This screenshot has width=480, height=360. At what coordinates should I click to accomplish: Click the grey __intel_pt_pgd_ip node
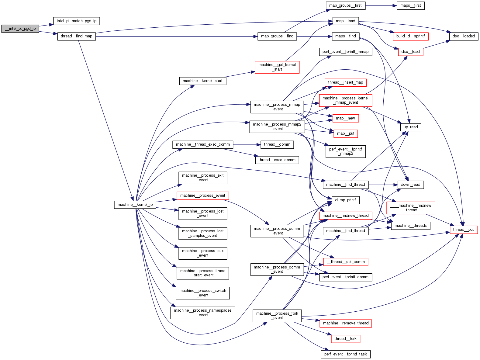[x=20, y=29]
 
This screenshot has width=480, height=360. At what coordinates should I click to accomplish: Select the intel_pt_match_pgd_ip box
[x=76, y=21]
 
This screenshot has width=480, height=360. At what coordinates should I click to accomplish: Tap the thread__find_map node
[x=76, y=36]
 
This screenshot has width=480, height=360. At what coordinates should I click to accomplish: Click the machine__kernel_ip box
[x=135, y=205]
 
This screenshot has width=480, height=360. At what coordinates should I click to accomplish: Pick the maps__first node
[x=410, y=5]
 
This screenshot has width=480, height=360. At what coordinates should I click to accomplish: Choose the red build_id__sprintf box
[x=410, y=36]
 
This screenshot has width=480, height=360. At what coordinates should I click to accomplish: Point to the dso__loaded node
[x=464, y=36]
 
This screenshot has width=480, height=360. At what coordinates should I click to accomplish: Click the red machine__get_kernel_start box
[x=277, y=67]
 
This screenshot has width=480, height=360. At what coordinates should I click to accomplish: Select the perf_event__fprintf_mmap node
[x=345, y=52]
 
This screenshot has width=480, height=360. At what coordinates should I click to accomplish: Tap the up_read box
[x=410, y=127]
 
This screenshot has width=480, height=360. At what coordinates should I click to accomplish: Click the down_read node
[x=410, y=185]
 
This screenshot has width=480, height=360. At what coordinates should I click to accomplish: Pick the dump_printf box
[x=345, y=200]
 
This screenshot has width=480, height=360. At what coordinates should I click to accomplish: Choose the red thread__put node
[x=464, y=230]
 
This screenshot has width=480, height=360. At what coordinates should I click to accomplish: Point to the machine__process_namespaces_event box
[x=202, y=313]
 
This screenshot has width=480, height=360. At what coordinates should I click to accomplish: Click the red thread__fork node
[x=345, y=339]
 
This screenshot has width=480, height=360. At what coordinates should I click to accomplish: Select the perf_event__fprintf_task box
[x=345, y=354]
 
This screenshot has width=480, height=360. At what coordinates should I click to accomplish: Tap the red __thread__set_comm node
[x=345, y=262]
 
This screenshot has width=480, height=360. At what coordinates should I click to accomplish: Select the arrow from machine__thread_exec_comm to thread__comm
[x=247, y=144]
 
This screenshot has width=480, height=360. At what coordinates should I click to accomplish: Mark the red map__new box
[x=345, y=118]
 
